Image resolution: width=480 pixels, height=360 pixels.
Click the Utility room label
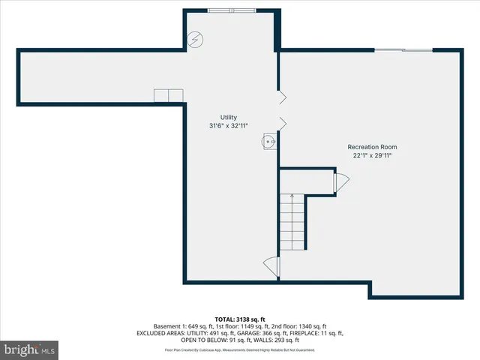click(x=228, y=117)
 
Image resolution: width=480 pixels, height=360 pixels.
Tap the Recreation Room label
click(x=372, y=146)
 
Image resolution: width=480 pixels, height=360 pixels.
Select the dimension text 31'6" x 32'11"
click(x=228, y=126)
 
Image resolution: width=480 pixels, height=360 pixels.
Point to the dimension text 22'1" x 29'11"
click(x=372, y=155)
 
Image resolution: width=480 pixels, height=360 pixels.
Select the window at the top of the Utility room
click(x=232, y=10)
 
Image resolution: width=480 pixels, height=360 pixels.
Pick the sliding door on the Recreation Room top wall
click(x=403, y=50)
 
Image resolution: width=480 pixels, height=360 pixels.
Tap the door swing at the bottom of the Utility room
click(x=271, y=266)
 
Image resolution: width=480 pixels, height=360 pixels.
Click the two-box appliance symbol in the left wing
click(x=169, y=95)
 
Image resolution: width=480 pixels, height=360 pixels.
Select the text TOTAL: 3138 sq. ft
click(x=239, y=319)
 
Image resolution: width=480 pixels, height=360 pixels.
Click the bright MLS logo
click(x=30, y=349)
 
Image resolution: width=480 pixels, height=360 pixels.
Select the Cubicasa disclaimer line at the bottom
click(x=239, y=350)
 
